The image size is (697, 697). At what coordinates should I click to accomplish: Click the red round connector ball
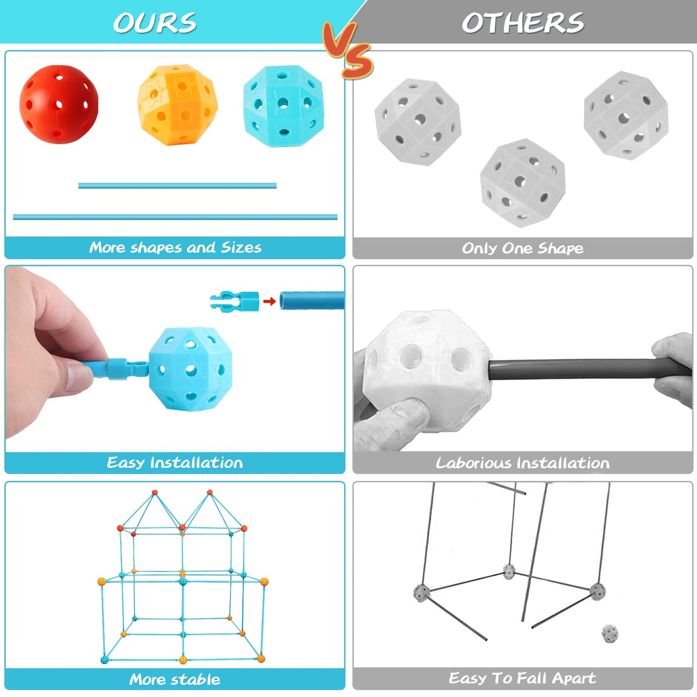coord(58,104)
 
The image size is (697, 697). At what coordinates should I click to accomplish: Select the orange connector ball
coord(178,105)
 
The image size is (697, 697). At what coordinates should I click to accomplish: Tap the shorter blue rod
coord(177,186)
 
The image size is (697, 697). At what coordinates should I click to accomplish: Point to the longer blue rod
coord(175,217)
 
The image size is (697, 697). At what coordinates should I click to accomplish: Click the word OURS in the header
coord(155,23)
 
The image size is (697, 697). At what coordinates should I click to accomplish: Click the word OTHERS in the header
coord(523,23)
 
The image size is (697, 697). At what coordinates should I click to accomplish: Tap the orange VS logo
coord(347,50)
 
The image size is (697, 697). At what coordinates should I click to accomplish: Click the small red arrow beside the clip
coord(270,301)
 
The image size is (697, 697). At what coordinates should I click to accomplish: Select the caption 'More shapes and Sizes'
coord(175,247)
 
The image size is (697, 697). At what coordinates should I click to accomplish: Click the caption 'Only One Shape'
coord(522,248)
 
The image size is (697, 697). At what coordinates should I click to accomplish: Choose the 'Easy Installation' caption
coord(175,463)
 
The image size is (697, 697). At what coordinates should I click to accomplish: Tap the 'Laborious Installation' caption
coord(522,463)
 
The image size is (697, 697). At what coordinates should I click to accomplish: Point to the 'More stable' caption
coord(175,680)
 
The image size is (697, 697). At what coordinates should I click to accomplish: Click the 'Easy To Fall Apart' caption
coord(522,678)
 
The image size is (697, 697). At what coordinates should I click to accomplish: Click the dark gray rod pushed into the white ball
coord(589,369)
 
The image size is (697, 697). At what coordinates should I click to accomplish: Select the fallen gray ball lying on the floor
coord(610,634)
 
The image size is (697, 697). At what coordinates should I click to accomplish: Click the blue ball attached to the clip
coord(191,369)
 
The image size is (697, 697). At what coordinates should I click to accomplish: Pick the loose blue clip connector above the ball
coord(234,301)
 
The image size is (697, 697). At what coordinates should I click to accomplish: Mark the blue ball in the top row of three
coord(284,106)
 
